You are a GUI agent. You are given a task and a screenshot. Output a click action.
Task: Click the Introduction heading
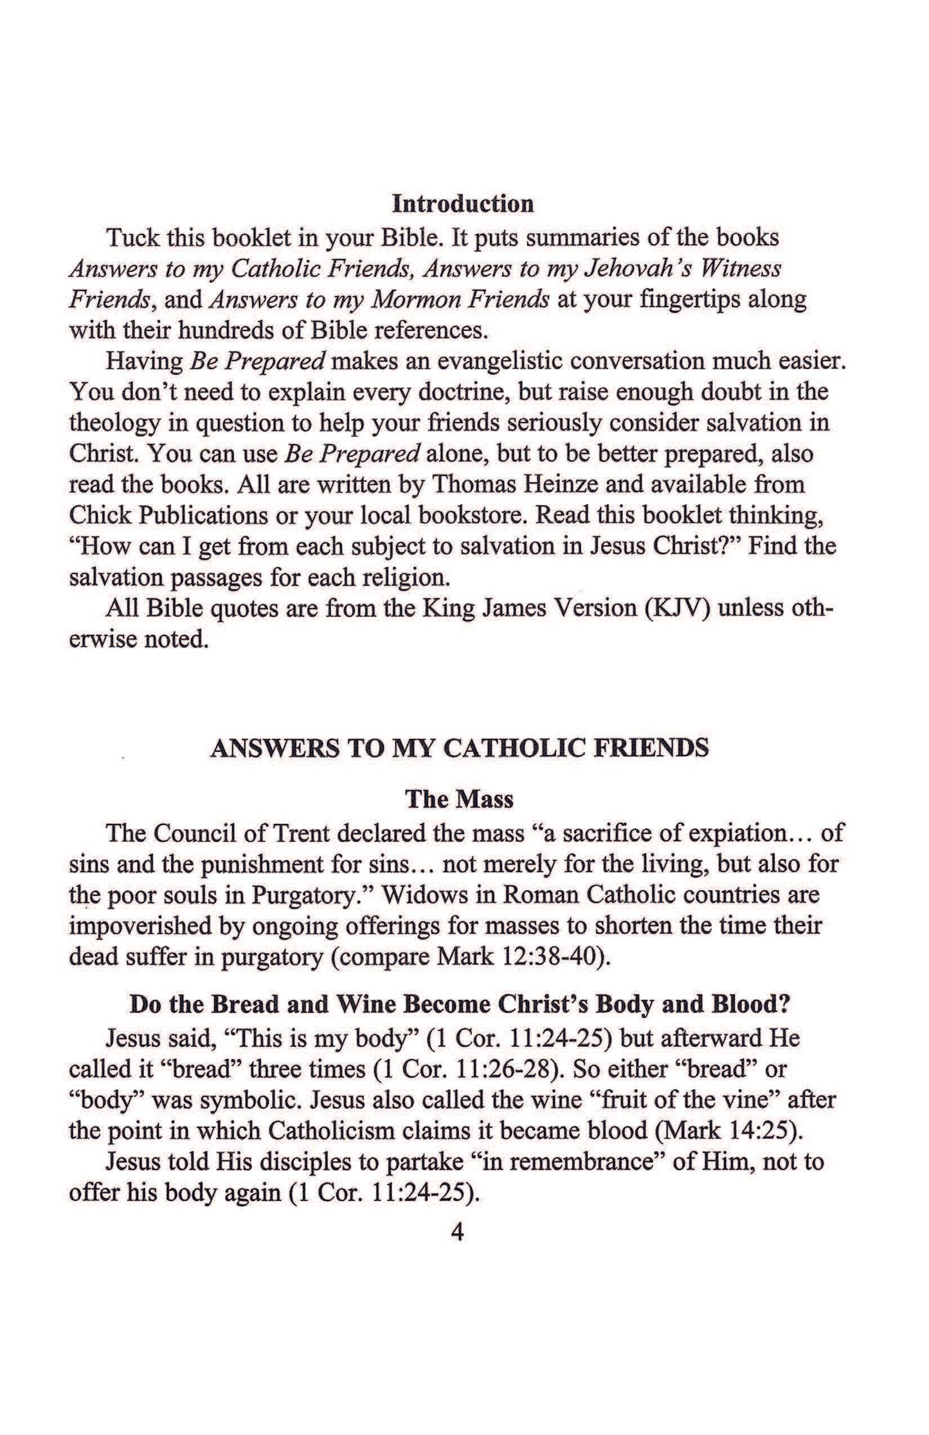pyautogui.click(x=463, y=204)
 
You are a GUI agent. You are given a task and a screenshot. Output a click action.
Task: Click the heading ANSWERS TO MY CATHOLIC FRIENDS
pyautogui.click(x=460, y=748)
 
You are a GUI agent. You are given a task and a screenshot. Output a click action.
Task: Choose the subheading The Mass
pyautogui.click(x=459, y=799)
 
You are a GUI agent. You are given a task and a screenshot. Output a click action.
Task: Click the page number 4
pyautogui.click(x=458, y=1233)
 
